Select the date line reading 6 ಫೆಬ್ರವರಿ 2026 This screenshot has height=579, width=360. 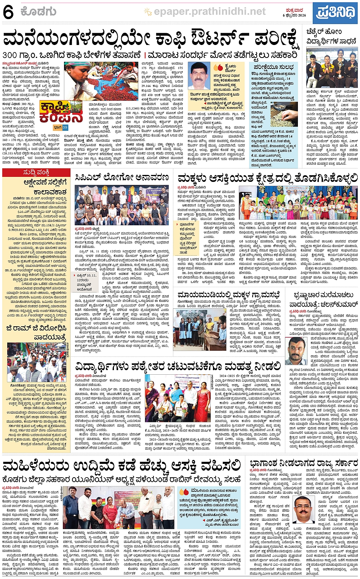[294, 16]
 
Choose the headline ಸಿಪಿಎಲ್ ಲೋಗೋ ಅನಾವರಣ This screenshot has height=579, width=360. [122, 177]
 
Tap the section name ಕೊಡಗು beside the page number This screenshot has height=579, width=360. [38, 12]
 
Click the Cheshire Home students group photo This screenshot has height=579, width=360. [332, 68]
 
